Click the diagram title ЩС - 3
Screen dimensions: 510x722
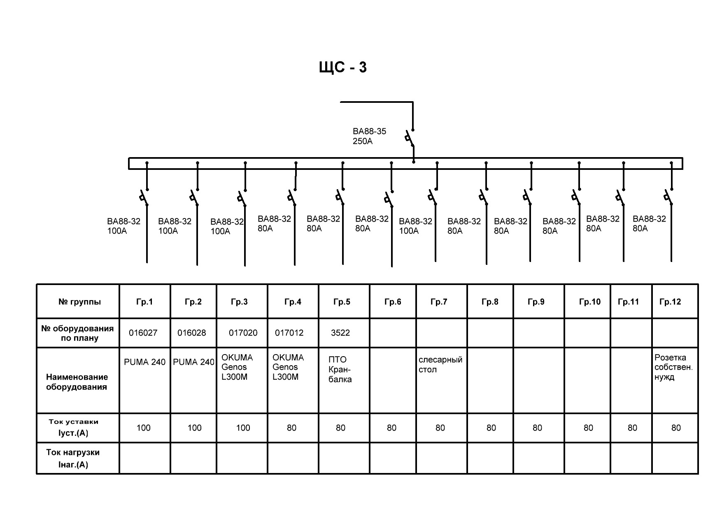[x=342, y=67]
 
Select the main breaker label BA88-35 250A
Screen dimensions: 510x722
[x=369, y=137]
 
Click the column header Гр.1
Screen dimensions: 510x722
[x=144, y=302]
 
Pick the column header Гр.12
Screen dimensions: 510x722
[x=670, y=302]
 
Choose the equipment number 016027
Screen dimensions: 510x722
[x=143, y=333]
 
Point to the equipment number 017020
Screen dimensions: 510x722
[x=243, y=333]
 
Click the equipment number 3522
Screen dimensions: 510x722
[x=340, y=333]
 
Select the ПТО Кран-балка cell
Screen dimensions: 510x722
[x=340, y=369]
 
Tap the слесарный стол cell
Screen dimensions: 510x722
[x=440, y=365]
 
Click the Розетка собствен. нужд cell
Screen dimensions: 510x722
[x=673, y=367]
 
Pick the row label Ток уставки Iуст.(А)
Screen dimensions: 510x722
[x=74, y=427]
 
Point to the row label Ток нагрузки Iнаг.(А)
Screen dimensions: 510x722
[x=73, y=458]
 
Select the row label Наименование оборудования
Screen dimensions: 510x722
[x=77, y=382]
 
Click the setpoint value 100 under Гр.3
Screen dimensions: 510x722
[x=243, y=428]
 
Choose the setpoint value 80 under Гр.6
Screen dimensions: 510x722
[x=391, y=428]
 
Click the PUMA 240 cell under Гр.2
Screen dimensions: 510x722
[x=193, y=362]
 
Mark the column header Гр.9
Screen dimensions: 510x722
[x=536, y=302]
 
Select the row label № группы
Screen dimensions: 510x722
[x=79, y=302]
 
